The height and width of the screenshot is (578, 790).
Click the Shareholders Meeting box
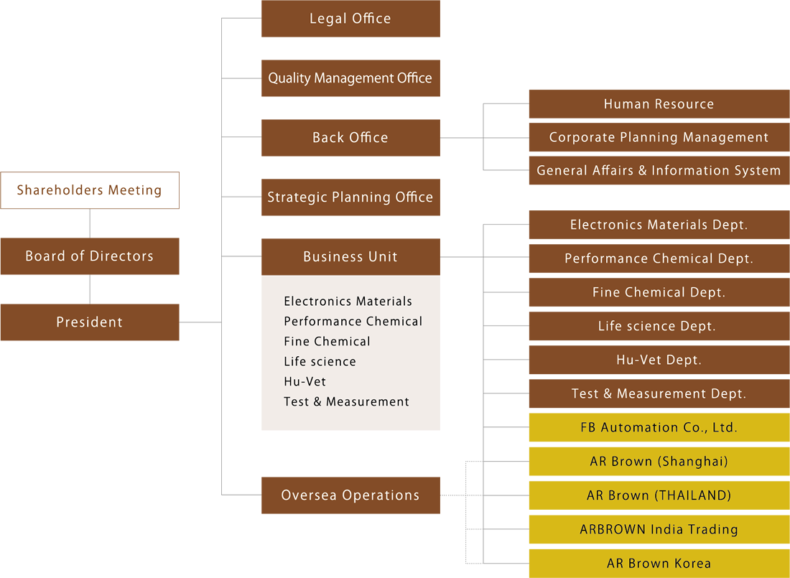pyautogui.click(x=90, y=190)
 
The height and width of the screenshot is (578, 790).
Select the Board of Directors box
pyautogui.click(x=90, y=256)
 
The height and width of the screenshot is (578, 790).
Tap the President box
pyautogui.click(x=90, y=322)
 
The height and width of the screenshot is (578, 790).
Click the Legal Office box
pyautogui.click(x=350, y=19)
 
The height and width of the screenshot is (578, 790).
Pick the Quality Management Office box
pyautogui.click(x=350, y=78)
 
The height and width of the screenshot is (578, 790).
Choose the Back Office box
pyautogui.click(x=350, y=138)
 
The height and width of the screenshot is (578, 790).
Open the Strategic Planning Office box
pyautogui.click(x=350, y=197)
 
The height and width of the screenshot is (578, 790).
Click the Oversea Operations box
pyautogui.click(x=350, y=495)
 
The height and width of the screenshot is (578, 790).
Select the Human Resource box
pyautogui.click(x=659, y=104)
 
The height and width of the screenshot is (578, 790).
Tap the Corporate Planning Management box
pyautogui.click(x=659, y=137)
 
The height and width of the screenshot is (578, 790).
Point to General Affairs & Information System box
pyautogui.click(x=659, y=171)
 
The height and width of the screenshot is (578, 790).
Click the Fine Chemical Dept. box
pyautogui.click(x=659, y=292)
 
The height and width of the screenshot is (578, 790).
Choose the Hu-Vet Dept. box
pyautogui.click(x=659, y=360)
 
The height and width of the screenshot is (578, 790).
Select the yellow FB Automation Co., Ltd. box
pyautogui.click(x=659, y=427)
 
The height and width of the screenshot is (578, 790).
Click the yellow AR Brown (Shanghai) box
pyautogui.click(x=659, y=461)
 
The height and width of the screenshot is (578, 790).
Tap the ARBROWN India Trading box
pyautogui.click(x=659, y=529)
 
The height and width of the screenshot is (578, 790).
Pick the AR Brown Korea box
pyautogui.click(x=659, y=563)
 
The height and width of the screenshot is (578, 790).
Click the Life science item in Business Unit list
pyautogui.click(x=320, y=362)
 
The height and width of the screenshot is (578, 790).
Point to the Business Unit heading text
pyautogui.click(x=350, y=257)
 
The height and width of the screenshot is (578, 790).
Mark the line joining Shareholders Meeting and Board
pyautogui.click(x=90, y=223)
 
